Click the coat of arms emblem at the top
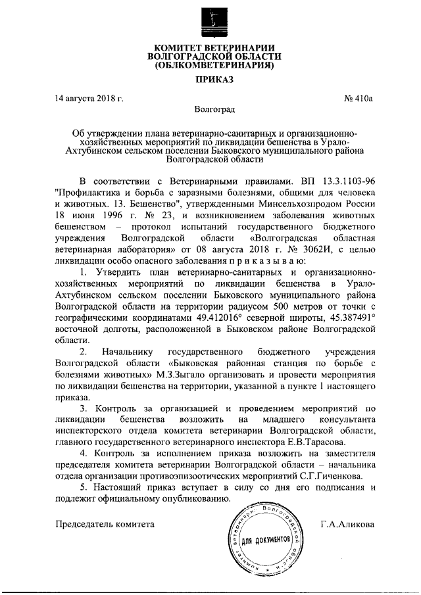(210, 20)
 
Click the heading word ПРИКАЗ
(210, 80)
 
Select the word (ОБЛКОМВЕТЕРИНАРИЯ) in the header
(210, 65)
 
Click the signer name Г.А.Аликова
(347, 524)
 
